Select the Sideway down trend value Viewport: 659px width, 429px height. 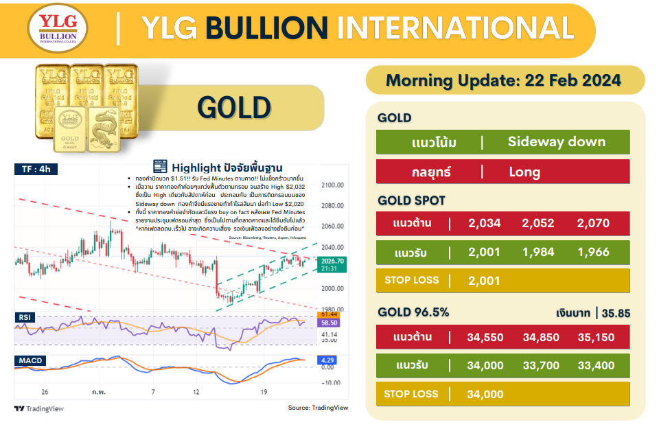point(556,142)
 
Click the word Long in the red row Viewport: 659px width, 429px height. point(524,172)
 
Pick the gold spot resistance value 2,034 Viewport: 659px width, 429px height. point(484,222)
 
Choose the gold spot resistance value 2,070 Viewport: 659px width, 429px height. point(593,222)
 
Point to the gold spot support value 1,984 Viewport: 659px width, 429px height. point(538,252)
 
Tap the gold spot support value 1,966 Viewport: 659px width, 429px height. point(593,252)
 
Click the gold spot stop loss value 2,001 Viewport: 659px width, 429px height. point(484,280)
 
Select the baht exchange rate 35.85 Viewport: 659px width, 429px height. point(616,314)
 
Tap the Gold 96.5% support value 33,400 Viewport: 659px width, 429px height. point(596,365)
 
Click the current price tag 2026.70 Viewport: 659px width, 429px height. point(332,261)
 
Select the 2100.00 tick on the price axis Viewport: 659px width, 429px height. point(332,185)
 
